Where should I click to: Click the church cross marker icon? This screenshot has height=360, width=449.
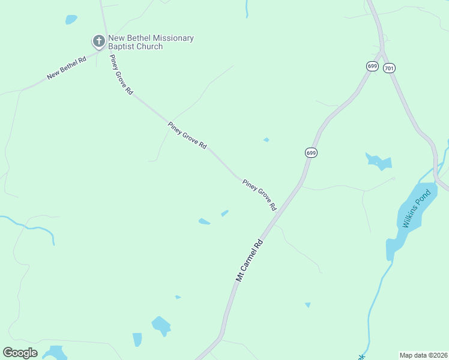[x=98, y=41]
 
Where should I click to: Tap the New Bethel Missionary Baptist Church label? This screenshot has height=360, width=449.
[x=151, y=42]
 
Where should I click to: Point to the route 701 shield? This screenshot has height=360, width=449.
[x=389, y=68]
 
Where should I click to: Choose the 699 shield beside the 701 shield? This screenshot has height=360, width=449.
[x=372, y=66]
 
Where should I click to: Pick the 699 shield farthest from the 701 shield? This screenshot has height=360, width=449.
[x=310, y=153]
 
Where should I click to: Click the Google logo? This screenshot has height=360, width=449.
[x=20, y=353]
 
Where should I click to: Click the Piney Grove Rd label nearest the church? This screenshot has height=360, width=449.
[x=121, y=74]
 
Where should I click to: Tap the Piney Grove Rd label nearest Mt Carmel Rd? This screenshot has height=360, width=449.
[x=259, y=194]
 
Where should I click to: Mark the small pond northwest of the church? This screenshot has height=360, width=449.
[x=71, y=20]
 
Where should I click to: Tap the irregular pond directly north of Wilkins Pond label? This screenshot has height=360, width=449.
[x=379, y=161]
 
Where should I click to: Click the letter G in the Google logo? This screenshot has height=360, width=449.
[x=8, y=353]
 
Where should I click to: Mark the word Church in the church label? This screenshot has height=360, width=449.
[x=148, y=47]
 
